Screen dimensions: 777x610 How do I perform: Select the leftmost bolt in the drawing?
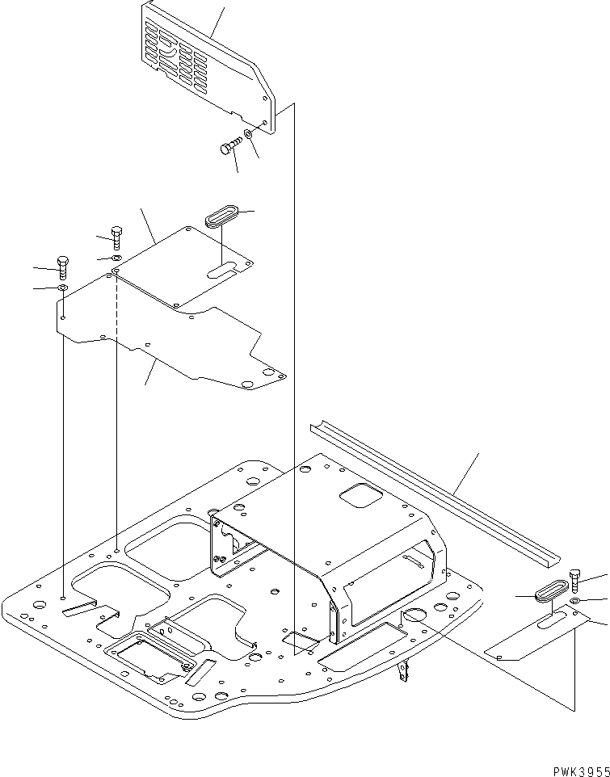62,264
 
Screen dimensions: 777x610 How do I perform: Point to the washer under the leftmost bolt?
62,288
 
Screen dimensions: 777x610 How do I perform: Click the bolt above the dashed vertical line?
116,235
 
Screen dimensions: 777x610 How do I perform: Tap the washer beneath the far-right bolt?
574,602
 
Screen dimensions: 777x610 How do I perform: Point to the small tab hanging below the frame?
405,670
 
